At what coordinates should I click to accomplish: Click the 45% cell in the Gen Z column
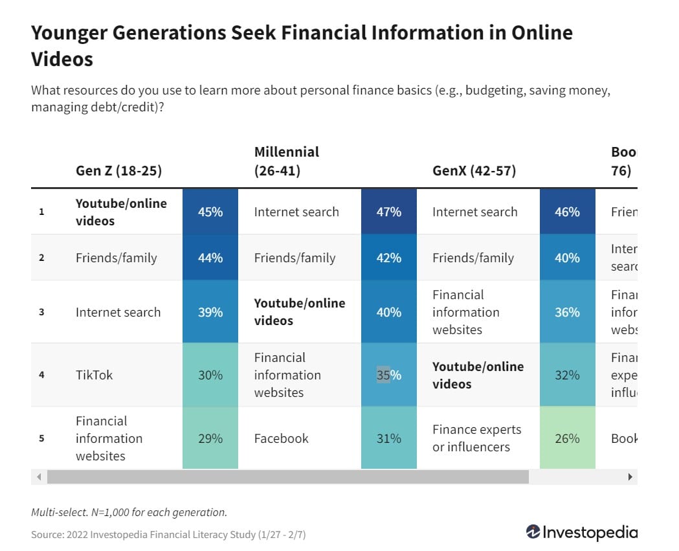pos(210,212)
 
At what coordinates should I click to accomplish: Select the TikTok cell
pos(94,375)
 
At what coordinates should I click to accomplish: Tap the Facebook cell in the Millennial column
pos(282,438)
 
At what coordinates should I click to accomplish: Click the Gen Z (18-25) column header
pos(118,171)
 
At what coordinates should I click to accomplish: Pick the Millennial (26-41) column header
pos(287,161)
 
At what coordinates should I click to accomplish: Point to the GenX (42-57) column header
pos(474,171)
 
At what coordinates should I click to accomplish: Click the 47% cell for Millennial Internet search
pos(389,212)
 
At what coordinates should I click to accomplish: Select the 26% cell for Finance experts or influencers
pos(567,438)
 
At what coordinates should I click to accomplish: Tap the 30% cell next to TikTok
pos(210,375)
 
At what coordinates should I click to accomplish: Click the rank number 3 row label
pos(41,312)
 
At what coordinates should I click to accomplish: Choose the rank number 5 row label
pos(41,438)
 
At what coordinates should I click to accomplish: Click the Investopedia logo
pos(581,532)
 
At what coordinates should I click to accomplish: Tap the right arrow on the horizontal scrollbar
pos(630,477)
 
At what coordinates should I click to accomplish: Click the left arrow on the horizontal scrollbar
pos(38,477)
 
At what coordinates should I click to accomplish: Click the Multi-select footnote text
pos(129,512)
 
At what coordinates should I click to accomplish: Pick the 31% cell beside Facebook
pos(389,438)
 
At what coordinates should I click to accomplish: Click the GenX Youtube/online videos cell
pos(478,375)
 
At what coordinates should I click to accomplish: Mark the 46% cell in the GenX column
pos(567,212)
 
